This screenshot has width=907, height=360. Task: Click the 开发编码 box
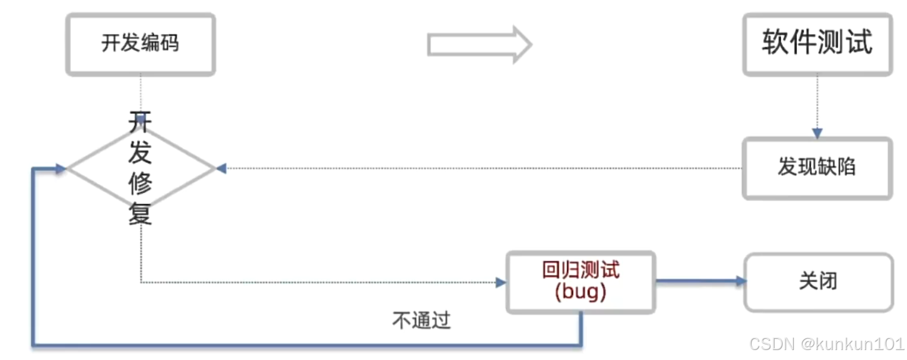140,44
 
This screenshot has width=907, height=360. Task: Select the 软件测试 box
817,44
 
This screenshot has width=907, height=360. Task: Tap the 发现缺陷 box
817,168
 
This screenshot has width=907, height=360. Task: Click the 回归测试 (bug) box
581,281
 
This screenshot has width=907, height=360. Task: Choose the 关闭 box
818,281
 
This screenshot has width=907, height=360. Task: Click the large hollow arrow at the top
479,44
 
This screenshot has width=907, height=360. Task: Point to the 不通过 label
421,320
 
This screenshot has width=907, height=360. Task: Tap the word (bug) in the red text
581,292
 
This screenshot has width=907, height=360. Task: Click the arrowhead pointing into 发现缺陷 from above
817,134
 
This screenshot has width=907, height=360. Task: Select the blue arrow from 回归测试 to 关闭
699,281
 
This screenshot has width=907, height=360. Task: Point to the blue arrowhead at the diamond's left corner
60,168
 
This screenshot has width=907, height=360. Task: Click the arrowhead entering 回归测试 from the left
501,283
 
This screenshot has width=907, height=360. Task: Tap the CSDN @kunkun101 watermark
826,344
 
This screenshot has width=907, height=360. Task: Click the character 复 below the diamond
140,215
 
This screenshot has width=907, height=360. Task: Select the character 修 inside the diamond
140,185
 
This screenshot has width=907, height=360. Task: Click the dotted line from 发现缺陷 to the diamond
485,168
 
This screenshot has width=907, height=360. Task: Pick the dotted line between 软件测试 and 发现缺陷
817,103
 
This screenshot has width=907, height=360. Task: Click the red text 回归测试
581,270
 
